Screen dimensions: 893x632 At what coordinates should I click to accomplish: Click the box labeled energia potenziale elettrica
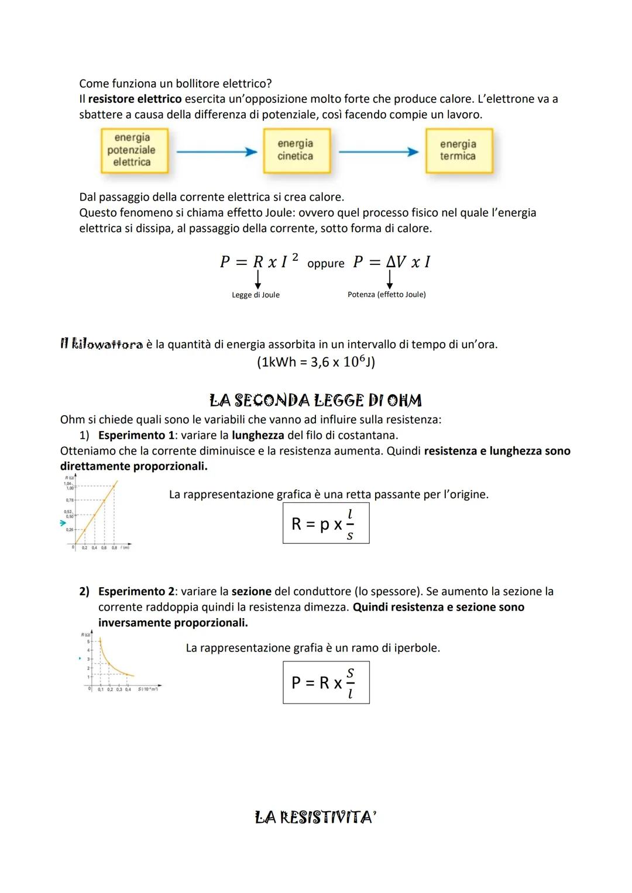click(x=134, y=150)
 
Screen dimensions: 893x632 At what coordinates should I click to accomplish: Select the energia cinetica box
click(x=296, y=150)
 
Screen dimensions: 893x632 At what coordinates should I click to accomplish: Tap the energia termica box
click(x=458, y=150)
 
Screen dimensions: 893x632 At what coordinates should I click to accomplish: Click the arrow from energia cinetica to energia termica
click(x=379, y=152)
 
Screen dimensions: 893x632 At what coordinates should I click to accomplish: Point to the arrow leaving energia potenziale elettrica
click(x=216, y=152)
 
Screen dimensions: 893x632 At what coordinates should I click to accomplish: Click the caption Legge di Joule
click(x=256, y=295)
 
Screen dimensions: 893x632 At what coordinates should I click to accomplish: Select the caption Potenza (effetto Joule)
click(x=386, y=294)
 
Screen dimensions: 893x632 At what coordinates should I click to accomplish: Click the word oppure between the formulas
click(x=325, y=264)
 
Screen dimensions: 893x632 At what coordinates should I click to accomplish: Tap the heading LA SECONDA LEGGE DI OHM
click(x=315, y=401)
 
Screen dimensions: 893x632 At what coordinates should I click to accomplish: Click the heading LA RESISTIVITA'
click(x=315, y=817)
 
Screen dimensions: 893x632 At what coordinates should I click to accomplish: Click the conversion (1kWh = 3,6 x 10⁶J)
click(x=315, y=362)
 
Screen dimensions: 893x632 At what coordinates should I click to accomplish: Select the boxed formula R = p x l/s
click(x=326, y=523)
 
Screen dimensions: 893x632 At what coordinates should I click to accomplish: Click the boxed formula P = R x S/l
click(x=326, y=682)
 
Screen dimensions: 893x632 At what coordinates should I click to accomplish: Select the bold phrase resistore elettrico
click(x=135, y=99)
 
